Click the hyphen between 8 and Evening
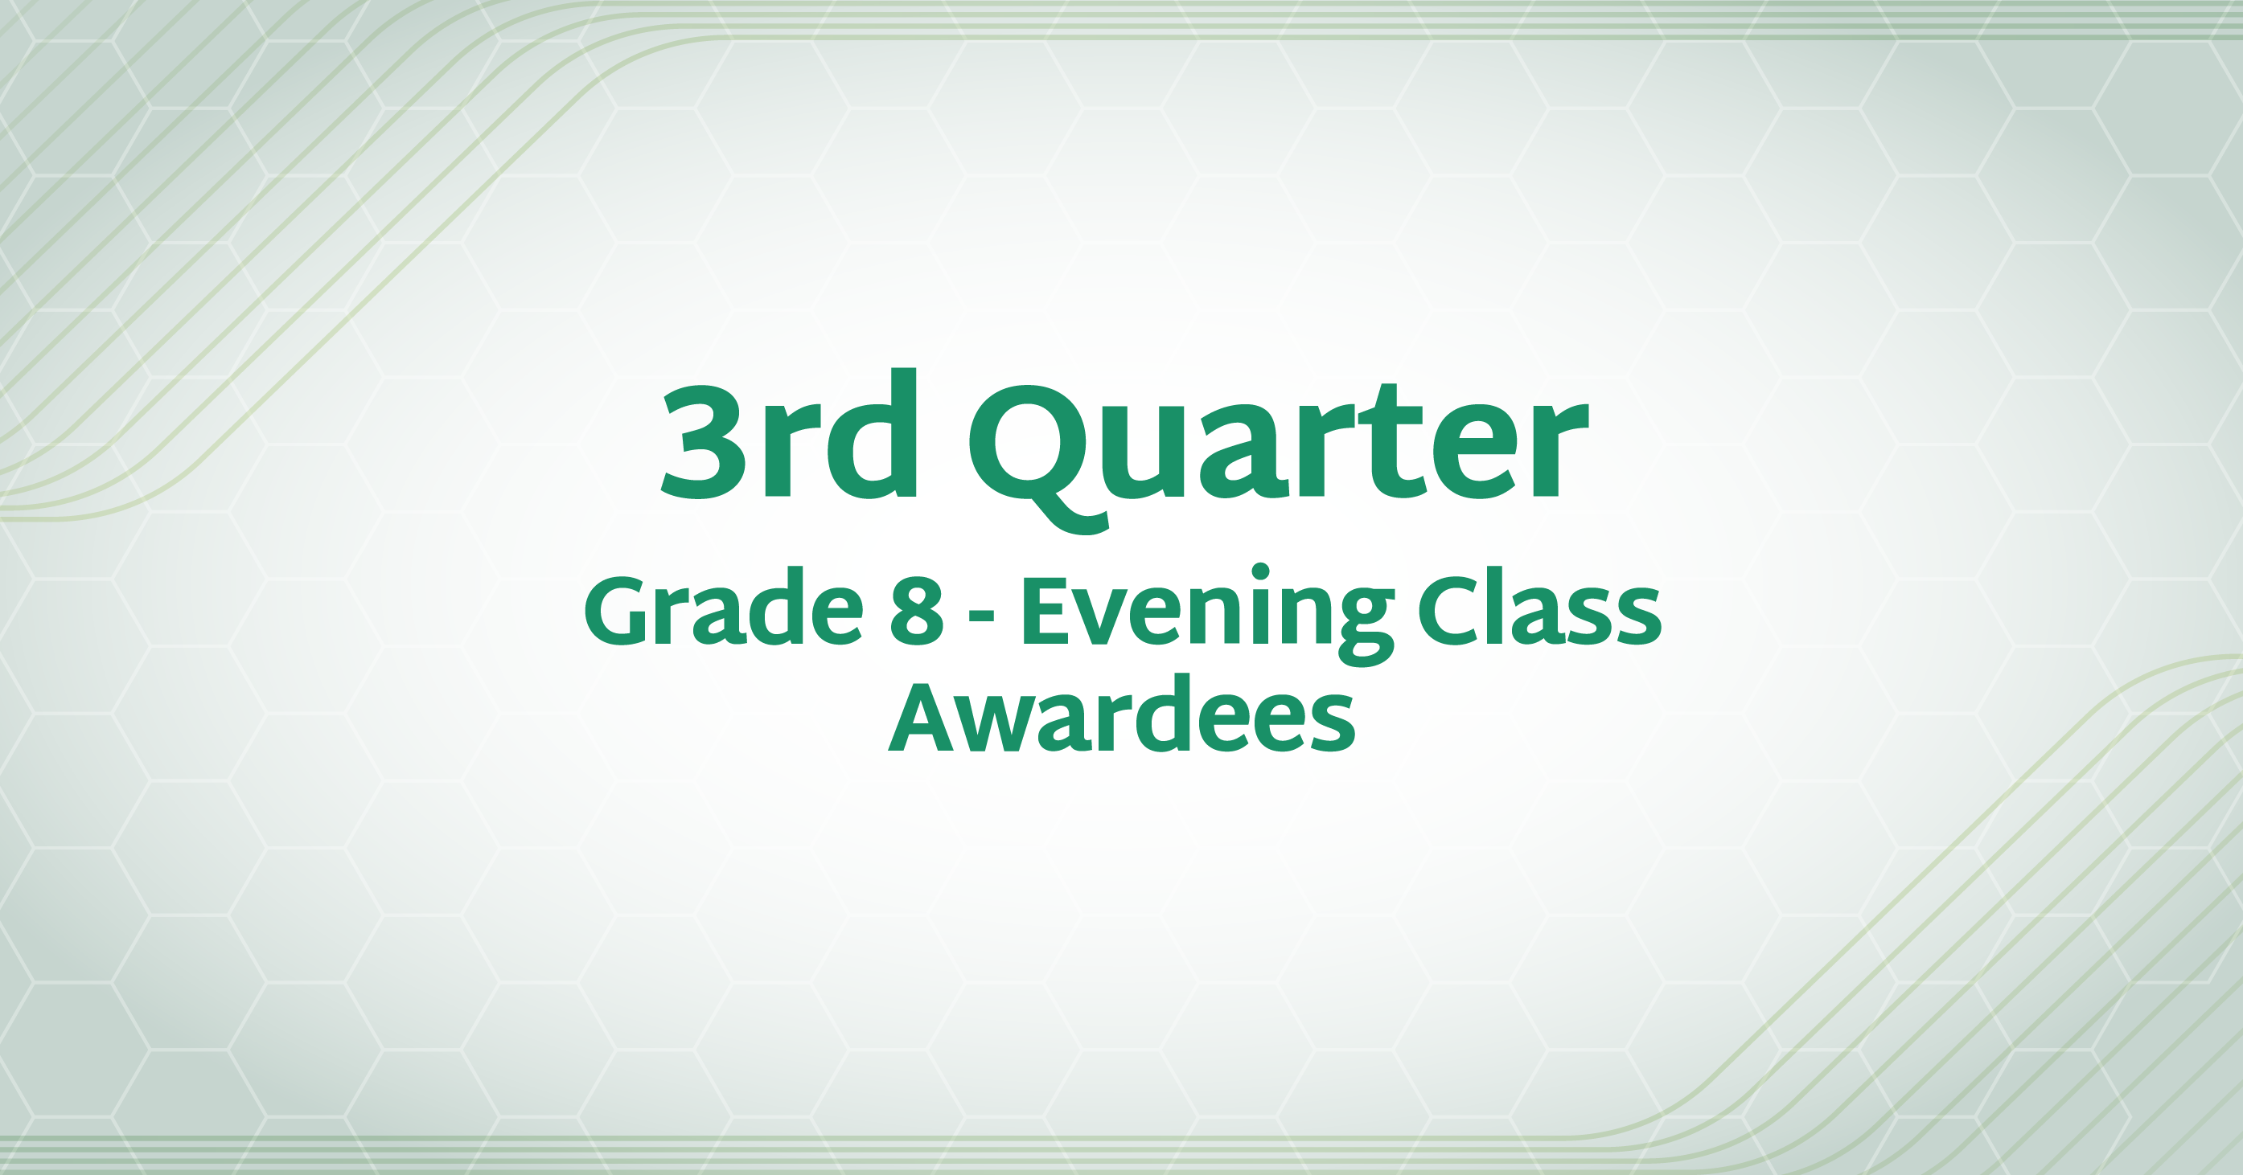pyautogui.click(x=981, y=617)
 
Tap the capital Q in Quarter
pyautogui.click(x=1039, y=458)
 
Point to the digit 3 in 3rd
pyautogui.click(x=704, y=442)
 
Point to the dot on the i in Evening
pyautogui.click(x=1260, y=573)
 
